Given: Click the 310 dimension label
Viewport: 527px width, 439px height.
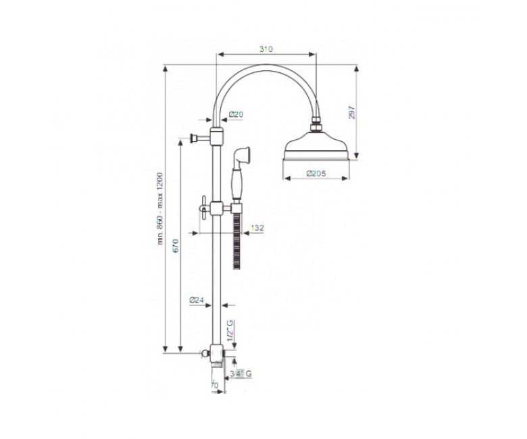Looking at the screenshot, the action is [266, 49].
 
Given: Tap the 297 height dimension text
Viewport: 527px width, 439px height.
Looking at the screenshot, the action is [351, 113].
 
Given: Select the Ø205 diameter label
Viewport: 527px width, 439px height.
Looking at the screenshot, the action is [316, 174].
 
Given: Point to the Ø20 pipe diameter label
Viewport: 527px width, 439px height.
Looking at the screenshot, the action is [236, 115].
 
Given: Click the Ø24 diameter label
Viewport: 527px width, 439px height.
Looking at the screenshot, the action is [197, 301].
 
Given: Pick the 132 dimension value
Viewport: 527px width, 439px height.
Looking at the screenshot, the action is [257, 228].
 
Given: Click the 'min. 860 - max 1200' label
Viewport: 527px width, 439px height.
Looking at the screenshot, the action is [160, 208].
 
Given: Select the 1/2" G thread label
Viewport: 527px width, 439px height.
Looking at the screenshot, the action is [230, 330].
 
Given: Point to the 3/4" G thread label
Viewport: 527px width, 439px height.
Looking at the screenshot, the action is [241, 373].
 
